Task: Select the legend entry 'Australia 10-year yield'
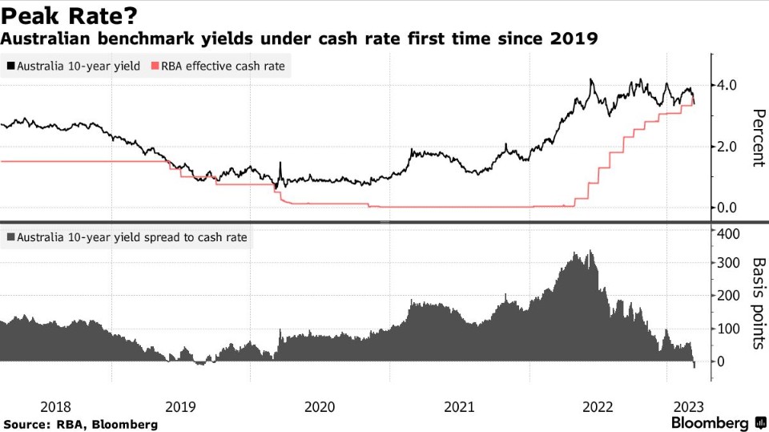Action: coord(73,66)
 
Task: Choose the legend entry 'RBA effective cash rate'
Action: coord(219,66)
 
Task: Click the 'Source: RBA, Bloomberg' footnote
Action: coord(80,423)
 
